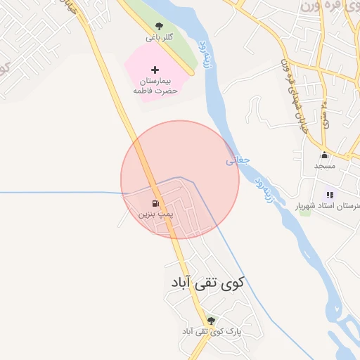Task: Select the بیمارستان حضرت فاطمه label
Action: tap(155, 86)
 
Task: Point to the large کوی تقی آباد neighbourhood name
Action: tap(207, 283)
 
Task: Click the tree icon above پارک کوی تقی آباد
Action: tap(211, 321)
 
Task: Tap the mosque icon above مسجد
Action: tap(324, 155)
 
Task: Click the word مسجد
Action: tap(325, 166)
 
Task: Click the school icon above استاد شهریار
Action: tap(330, 195)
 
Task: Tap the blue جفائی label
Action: tap(238, 160)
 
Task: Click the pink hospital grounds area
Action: tap(141, 77)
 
